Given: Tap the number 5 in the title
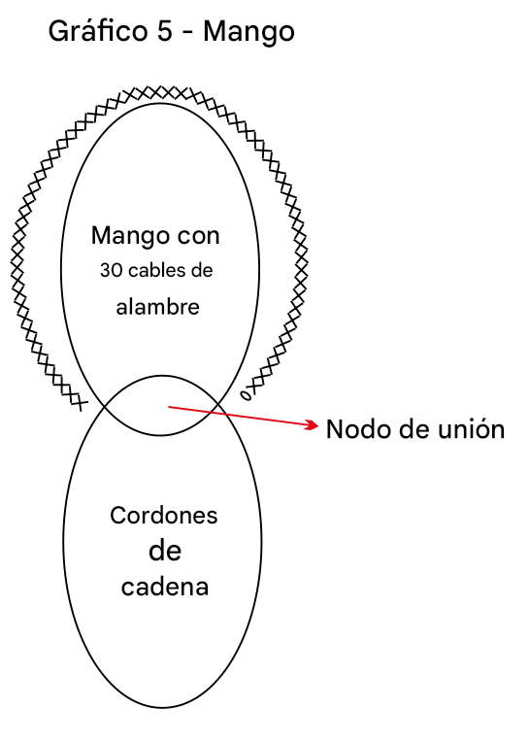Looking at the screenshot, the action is [164, 31].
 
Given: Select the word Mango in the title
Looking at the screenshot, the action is [248, 32].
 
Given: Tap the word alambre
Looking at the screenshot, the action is [158, 307].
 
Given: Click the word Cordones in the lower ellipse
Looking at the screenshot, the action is [164, 516].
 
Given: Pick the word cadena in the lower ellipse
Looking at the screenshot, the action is [164, 587].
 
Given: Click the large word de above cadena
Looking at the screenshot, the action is [165, 551].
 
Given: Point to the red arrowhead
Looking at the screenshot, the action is [312, 425].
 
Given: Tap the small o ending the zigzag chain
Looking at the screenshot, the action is [246, 395].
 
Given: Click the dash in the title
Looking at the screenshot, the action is [188, 33].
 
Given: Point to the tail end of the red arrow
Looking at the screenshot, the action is [169, 407].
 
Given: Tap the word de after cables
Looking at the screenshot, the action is [202, 270].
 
